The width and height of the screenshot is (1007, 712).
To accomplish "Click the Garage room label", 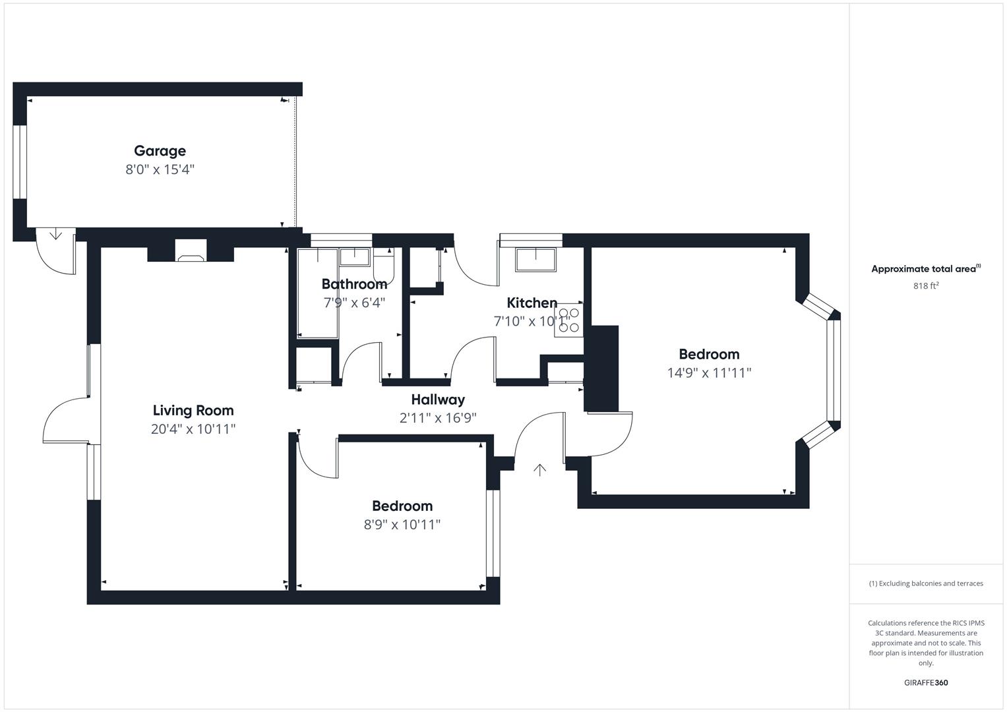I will coord(160,151).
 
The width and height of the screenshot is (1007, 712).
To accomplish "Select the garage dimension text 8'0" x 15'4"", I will coord(160,169).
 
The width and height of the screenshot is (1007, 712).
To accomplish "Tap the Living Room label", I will coord(193,411).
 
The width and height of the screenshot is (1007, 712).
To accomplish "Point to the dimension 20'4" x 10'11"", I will coord(193,429).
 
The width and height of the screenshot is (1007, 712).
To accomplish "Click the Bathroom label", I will coord(354,284).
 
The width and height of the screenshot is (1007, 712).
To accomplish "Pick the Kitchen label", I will coord(532,303).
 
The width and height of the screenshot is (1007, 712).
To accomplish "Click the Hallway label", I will coord(438,399).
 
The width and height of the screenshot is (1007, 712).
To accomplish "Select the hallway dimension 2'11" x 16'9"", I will coord(438,417).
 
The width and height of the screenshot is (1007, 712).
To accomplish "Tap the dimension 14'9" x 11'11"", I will coord(709,372).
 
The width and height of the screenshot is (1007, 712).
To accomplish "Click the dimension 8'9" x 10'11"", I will coord(402,525).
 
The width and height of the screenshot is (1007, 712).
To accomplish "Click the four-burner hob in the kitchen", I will coord(568,320).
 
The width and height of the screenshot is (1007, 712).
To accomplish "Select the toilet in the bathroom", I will coord(383,266).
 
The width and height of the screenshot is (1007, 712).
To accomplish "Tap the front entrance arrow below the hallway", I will coord(539,469).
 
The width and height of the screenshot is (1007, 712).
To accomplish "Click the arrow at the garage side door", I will coord(55,234).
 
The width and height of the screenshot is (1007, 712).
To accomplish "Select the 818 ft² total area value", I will coord(925,286).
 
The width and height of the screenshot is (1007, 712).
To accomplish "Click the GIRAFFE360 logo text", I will coord(925,682).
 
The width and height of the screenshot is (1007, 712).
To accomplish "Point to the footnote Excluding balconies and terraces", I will coord(925,583).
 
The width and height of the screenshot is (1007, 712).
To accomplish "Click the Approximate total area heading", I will coord(925,269).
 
